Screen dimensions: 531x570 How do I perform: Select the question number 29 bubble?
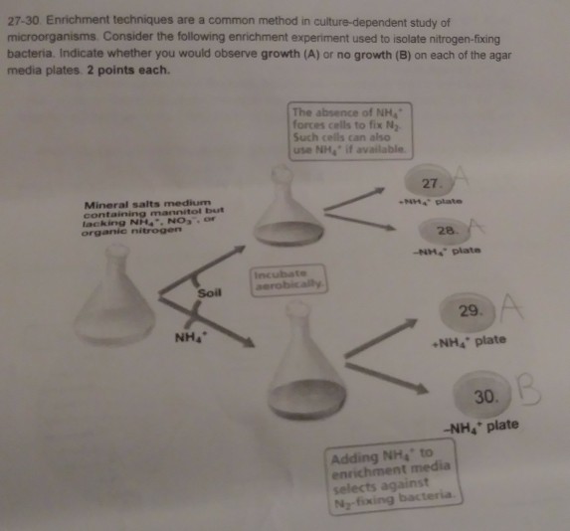tap(469, 313)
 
